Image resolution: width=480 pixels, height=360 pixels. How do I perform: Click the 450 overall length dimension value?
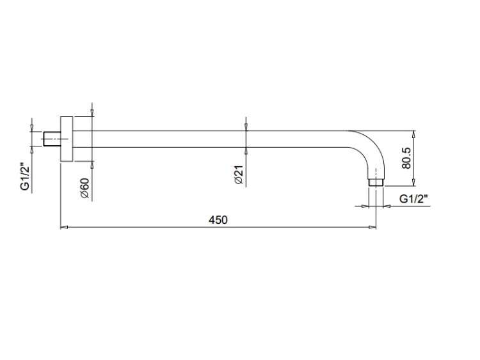tap(218, 220)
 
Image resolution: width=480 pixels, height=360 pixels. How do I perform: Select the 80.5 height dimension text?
tap(406, 158)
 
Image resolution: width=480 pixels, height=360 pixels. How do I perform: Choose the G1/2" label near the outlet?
tap(413, 199)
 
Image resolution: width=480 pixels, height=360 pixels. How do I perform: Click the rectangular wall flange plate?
tap(67, 139)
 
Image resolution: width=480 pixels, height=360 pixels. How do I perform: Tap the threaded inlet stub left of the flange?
tap(52, 139)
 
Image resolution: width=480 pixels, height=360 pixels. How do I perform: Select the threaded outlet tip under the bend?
tap(376, 182)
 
